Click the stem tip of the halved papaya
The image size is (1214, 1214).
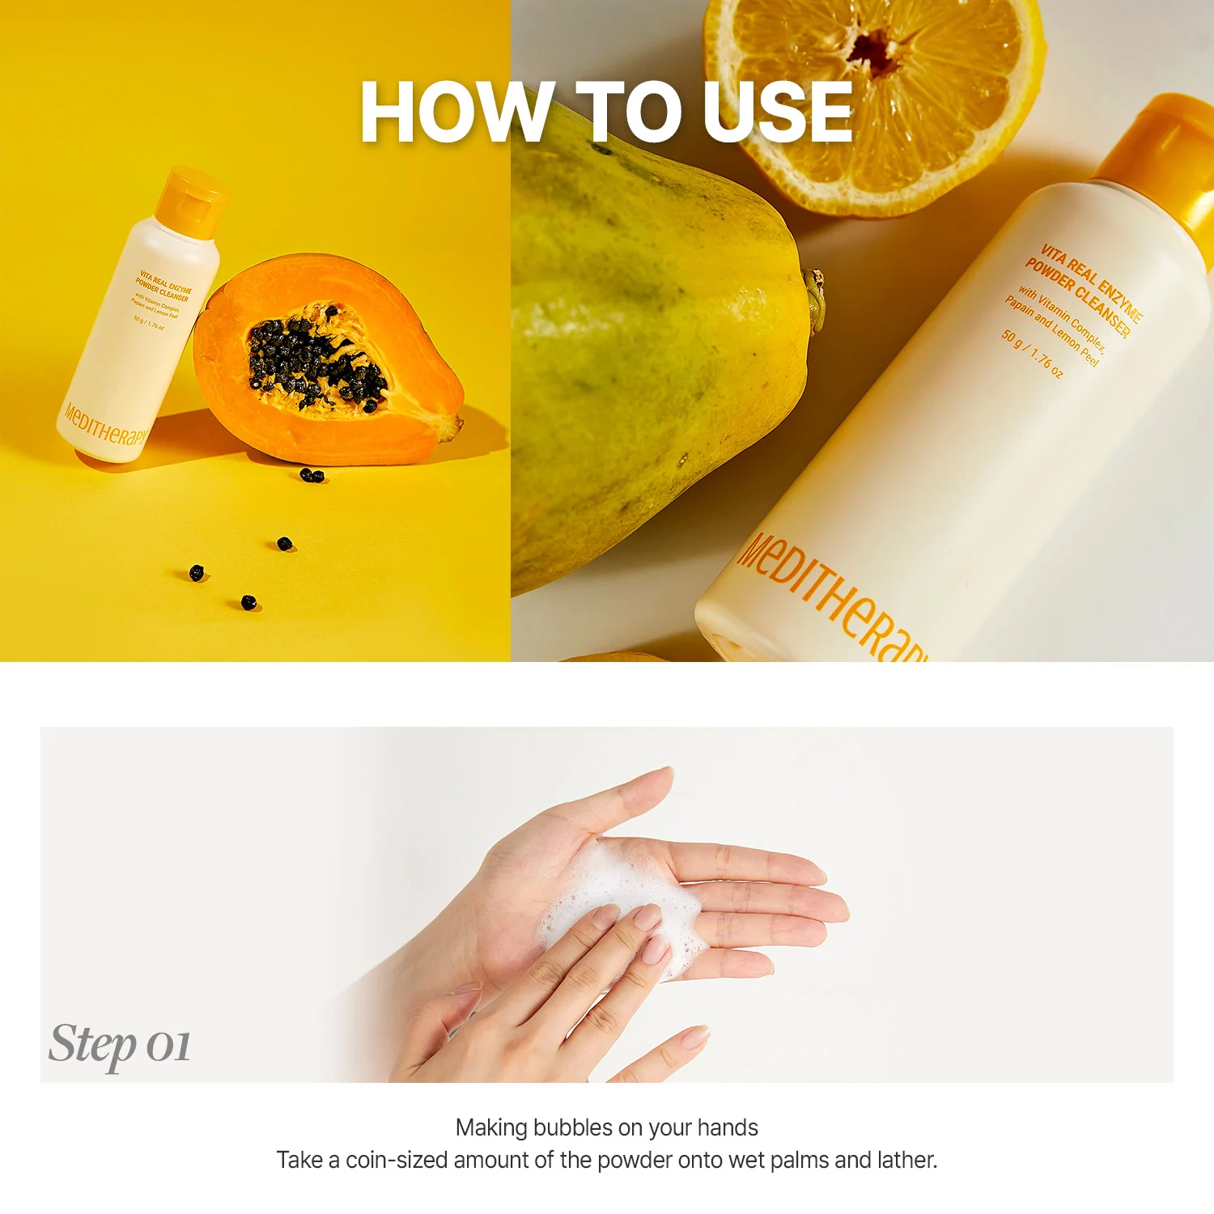tap(456, 425)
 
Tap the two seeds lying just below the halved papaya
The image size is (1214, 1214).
tap(312, 476)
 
